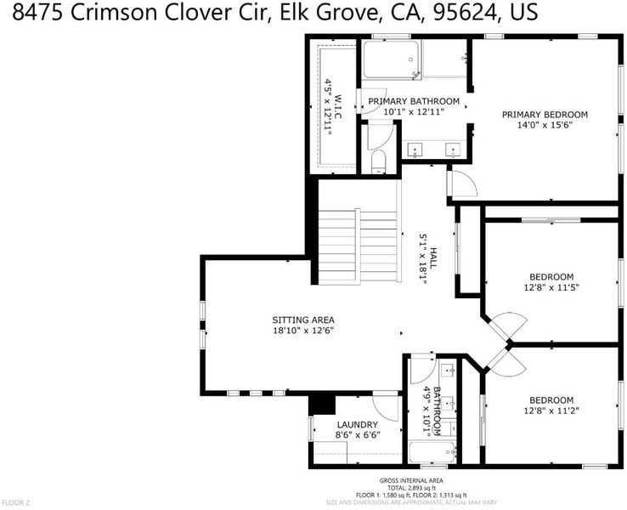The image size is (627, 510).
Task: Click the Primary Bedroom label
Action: click(545, 115)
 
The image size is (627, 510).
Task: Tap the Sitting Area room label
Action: click(303, 320)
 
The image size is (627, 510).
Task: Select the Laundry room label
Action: click(357, 425)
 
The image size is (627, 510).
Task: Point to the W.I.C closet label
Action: click(338, 106)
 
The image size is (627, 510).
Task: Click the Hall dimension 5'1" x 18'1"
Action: click(423, 259)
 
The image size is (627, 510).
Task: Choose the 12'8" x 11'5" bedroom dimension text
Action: click(551, 287)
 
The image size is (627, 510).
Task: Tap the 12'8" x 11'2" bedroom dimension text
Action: click(551, 411)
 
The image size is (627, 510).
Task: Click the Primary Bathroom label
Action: click(414, 101)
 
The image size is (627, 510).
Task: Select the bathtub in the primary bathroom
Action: click(391, 59)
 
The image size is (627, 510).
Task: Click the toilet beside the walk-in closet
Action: click(378, 161)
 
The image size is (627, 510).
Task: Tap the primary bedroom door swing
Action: click(464, 183)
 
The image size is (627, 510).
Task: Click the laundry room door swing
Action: click(386, 408)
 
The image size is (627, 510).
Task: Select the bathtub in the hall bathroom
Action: click(432, 452)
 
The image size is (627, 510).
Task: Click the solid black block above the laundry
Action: click(322, 405)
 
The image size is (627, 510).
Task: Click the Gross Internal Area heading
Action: click(411, 481)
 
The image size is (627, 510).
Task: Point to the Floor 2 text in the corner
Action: click(15, 502)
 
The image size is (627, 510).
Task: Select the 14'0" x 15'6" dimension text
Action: click(545, 125)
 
